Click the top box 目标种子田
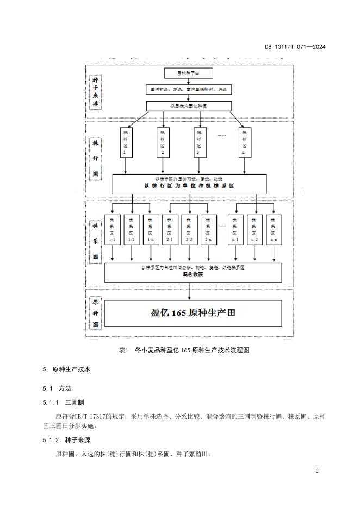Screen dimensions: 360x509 click(x=189, y=73)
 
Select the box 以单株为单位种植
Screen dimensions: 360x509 click(x=189, y=105)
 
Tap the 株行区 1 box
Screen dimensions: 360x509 click(x=126, y=142)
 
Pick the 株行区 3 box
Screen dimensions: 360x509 click(x=198, y=142)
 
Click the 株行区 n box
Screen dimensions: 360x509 click(x=244, y=142)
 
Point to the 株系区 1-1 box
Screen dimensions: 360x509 click(x=112, y=229)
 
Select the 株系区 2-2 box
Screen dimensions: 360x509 click(x=189, y=229)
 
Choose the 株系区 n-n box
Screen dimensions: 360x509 click(x=274, y=229)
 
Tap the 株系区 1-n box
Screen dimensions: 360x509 click(x=150, y=229)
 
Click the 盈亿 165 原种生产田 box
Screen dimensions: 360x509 click(x=193, y=313)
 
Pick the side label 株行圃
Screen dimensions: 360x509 click(x=96, y=158)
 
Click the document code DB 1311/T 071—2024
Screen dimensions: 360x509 click(x=295, y=47)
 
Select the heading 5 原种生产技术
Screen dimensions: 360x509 click(x=66, y=369)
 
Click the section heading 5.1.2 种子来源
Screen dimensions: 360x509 click(x=68, y=440)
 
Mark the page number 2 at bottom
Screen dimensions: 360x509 click(x=317, y=471)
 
